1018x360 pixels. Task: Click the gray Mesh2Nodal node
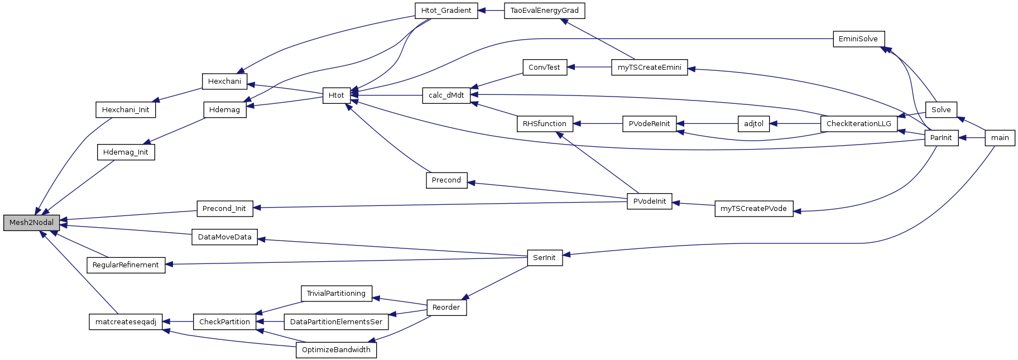pyautogui.click(x=32, y=222)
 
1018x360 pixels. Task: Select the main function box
pyautogui.click(x=1000, y=138)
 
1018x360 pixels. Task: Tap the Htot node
pyautogui.click(x=336, y=95)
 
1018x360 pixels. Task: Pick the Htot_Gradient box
pyautogui.click(x=446, y=11)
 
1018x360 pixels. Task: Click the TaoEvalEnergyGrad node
pyautogui.click(x=544, y=11)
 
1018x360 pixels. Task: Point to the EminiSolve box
pyautogui.click(x=858, y=39)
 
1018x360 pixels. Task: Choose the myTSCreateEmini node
pyautogui.click(x=649, y=68)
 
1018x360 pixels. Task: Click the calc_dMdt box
pyautogui.click(x=446, y=95)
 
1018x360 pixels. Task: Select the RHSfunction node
pyautogui.click(x=544, y=124)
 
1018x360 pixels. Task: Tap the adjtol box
pyautogui.click(x=753, y=124)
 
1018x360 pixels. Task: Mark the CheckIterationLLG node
pyautogui.click(x=858, y=124)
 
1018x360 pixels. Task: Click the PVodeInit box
pyautogui.click(x=649, y=201)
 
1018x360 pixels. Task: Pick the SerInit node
pyautogui.click(x=544, y=258)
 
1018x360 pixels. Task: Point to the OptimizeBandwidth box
pyautogui.click(x=336, y=350)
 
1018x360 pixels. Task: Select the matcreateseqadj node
pyautogui.click(x=126, y=322)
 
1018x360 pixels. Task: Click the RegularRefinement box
pyautogui.click(x=126, y=265)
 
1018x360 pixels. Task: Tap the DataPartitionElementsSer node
pyautogui.click(x=336, y=322)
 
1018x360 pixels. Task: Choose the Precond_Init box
pyautogui.click(x=224, y=209)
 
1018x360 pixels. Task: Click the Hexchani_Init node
pyautogui.click(x=126, y=110)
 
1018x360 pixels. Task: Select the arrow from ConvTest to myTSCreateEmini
pyautogui.click(x=589, y=68)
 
